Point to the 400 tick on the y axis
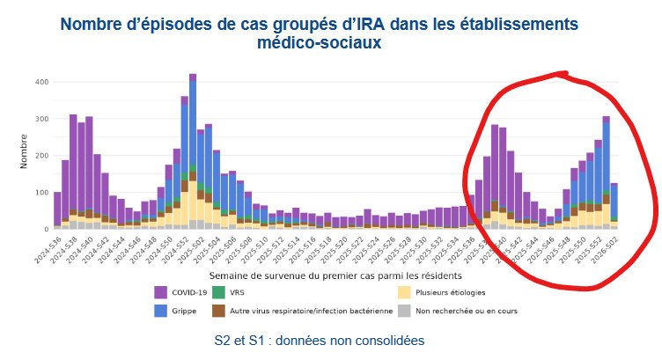pos(40,82)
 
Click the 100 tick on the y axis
pos(40,192)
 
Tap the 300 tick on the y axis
pos(40,119)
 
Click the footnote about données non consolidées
pos(320,340)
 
